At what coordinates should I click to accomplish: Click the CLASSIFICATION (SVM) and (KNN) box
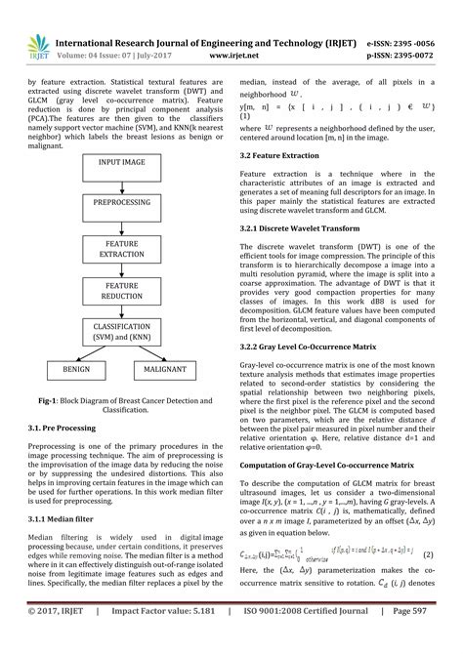(121, 332)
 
